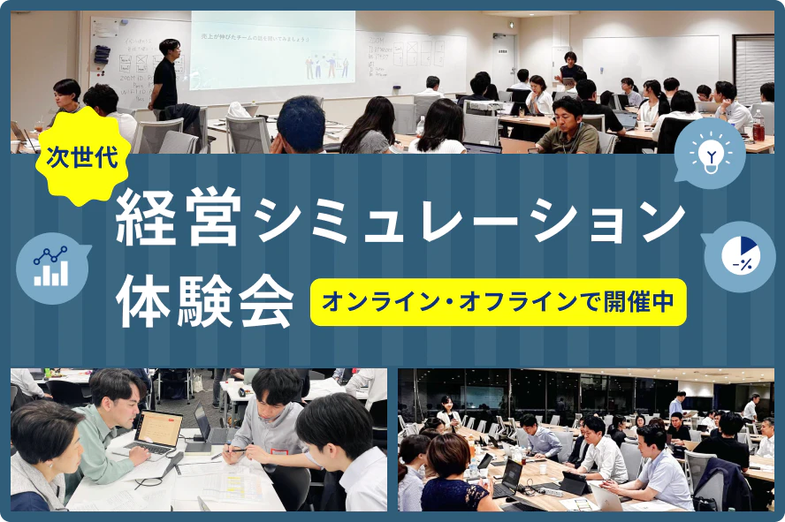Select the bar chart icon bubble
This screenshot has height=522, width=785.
tap(51, 266)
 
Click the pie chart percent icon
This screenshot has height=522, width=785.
tap(738, 256)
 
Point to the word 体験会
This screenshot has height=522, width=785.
tap(205, 300)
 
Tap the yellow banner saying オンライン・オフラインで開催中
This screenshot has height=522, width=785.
tap(498, 302)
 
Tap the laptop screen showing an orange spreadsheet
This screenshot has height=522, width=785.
tap(160, 430)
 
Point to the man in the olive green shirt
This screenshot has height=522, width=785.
tap(568, 128)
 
